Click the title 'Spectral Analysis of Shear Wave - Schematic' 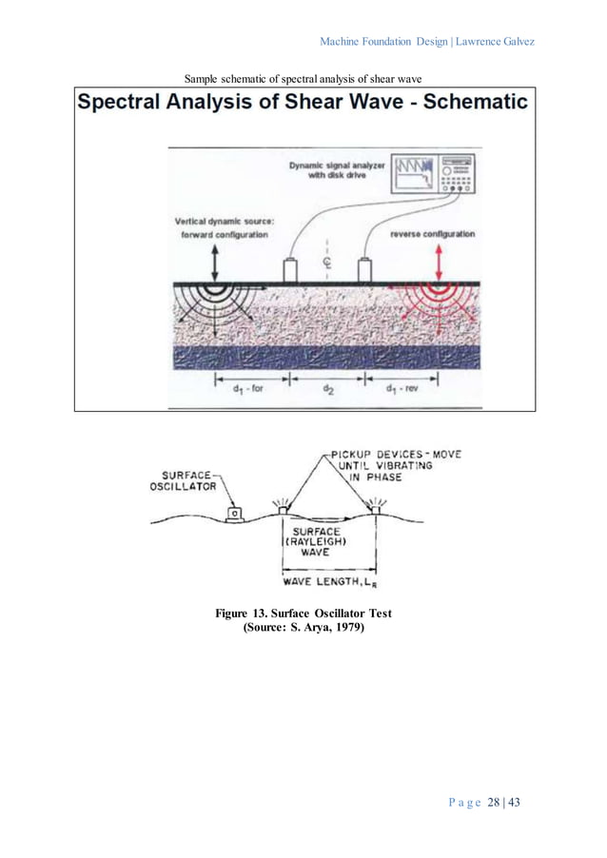pyautogui.click(x=303, y=103)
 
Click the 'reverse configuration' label pyautogui.click(x=433, y=233)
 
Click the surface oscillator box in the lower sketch pyautogui.click(x=232, y=515)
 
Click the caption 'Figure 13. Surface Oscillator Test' pyautogui.click(x=303, y=614)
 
